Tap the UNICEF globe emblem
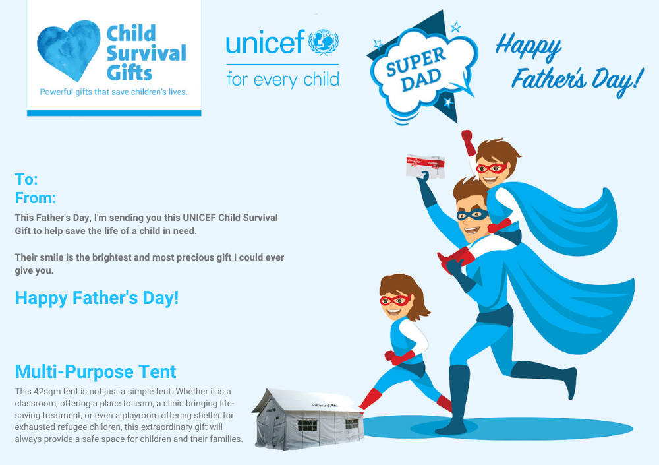click(324, 42)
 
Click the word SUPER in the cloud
click(415, 62)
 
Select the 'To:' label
click(26, 179)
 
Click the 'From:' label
click(36, 198)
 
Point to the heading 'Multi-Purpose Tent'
click(96, 371)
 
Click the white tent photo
click(308, 419)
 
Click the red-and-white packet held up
click(425, 166)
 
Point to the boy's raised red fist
click(467, 137)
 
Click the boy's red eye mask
click(492, 168)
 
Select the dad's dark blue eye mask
click(473, 215)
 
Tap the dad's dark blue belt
click(495, 316)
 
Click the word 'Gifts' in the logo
click(129, 73)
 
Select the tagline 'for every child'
click(283, 79)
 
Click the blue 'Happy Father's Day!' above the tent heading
click(97, 298)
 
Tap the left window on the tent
click(307, 425)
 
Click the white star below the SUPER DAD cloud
click(448, 102)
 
